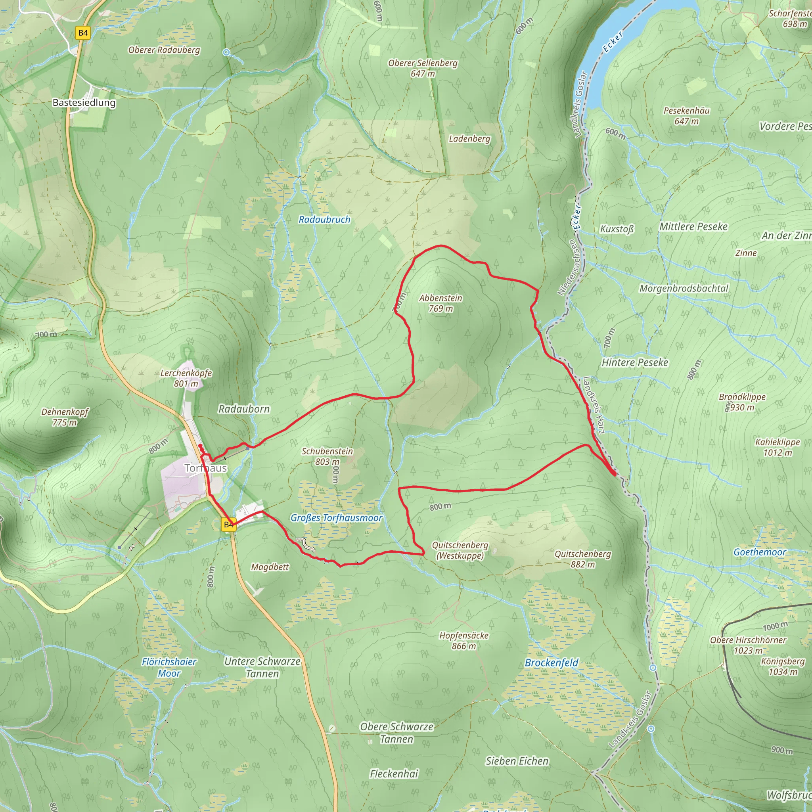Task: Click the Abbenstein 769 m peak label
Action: (440, 303)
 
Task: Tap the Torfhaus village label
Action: (205, 468)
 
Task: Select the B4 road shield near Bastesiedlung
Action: (83, 33)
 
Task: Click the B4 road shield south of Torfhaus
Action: (229, 525)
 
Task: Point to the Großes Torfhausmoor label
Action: (336, 518)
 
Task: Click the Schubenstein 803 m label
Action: (327, 456)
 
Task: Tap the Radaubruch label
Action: (324, 219)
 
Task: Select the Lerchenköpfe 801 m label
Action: (186, 378)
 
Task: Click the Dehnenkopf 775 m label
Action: (65, 417)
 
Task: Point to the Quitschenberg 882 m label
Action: (582, 559)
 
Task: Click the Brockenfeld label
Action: (552, 663)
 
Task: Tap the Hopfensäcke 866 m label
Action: (463, 641)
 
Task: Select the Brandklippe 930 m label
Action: (742, 402)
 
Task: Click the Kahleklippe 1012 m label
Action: (778, 447)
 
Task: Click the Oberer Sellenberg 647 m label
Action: (422, 68)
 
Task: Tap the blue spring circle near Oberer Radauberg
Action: (226, 52)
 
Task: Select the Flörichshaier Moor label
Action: (169, 667)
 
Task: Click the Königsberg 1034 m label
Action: (783, 666)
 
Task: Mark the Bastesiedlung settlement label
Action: (84, 103)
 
